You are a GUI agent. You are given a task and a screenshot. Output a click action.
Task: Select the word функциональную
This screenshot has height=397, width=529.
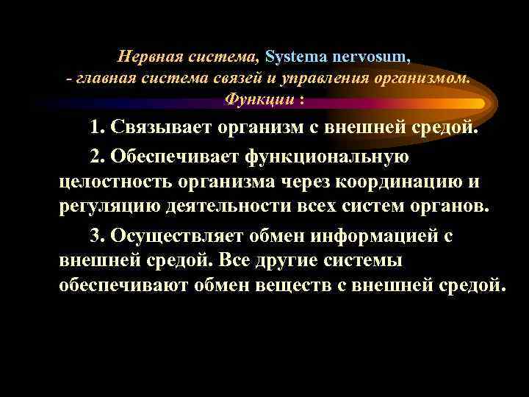tap(330, 157)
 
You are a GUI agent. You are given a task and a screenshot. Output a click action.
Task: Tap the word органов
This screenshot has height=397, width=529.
tap(447, 205)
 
